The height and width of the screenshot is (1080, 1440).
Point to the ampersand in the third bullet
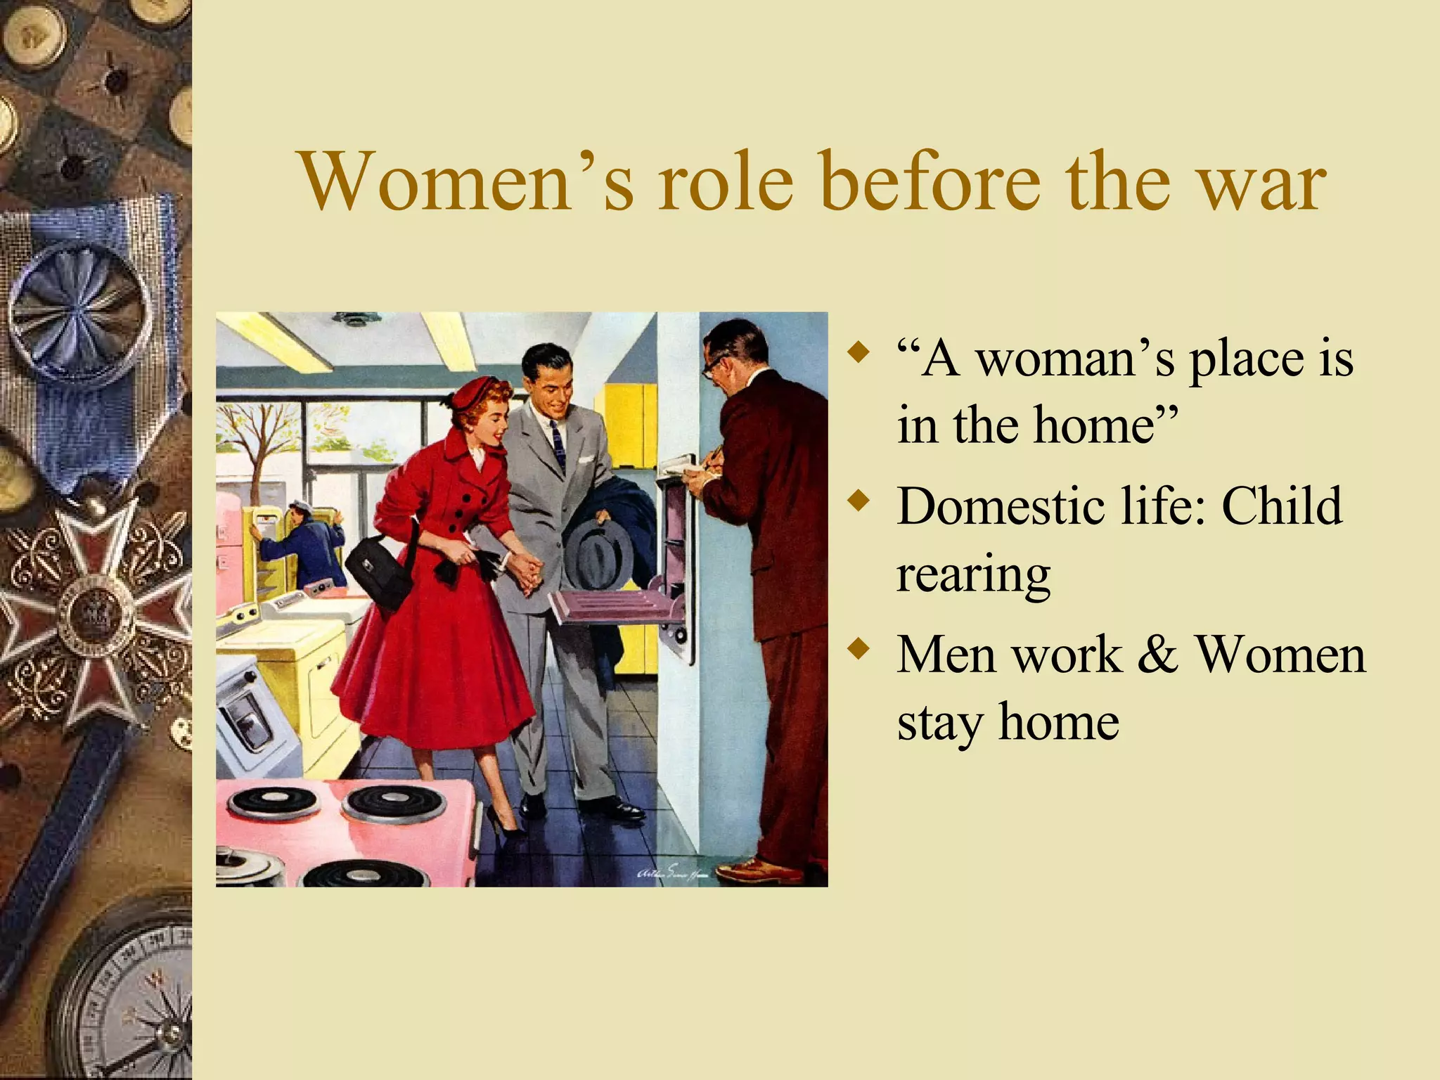[1157, 654]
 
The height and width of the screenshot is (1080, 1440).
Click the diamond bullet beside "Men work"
[856, 649]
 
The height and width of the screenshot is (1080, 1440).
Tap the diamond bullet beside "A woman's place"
[856, 352]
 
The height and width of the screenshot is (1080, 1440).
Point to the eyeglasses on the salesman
[712, 366]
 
